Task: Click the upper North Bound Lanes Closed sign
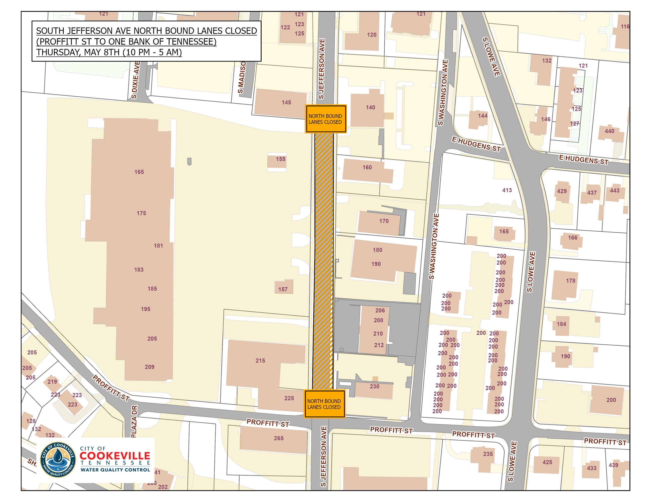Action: point(325,119)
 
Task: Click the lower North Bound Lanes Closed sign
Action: point(324,404)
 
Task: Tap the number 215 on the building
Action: point(260,360)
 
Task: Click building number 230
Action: point(374,386)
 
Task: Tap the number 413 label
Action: point(507,190)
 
